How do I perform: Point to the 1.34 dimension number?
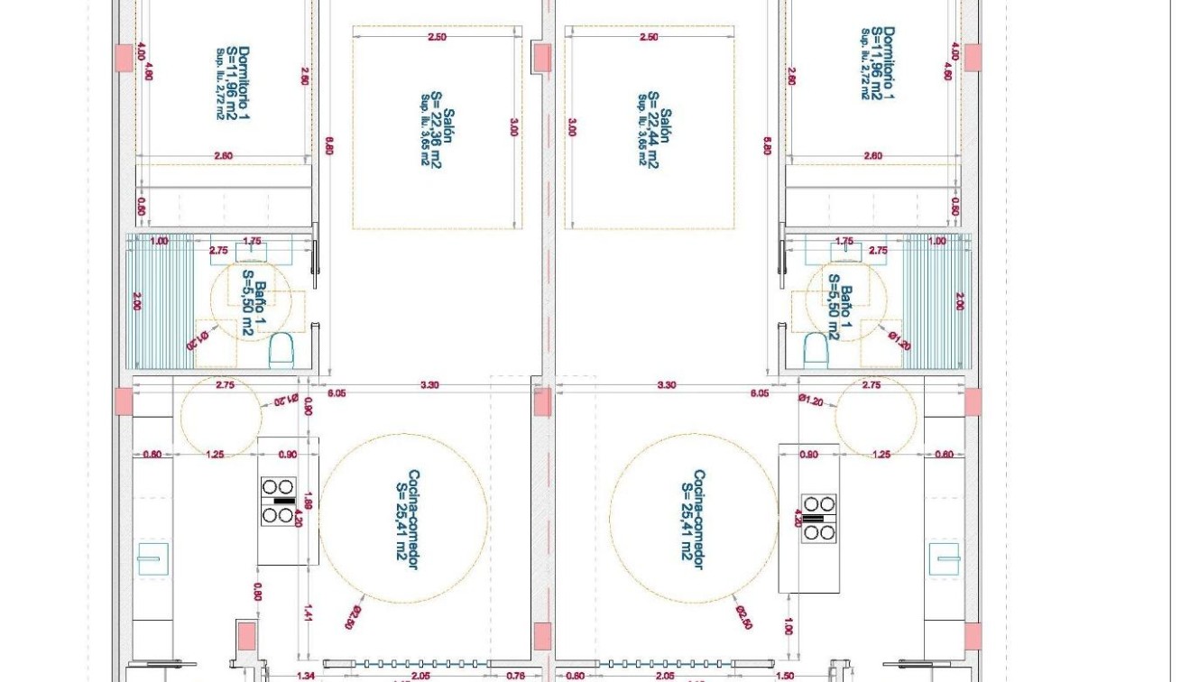(305, 676)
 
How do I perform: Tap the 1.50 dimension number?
(784, 676)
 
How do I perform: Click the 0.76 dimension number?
(516, 676)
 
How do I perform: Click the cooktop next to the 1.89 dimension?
(279, 502)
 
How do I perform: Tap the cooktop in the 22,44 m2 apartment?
(819, 519)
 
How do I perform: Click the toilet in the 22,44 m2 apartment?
(816, 347)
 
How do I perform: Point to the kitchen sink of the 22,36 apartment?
(152, 559)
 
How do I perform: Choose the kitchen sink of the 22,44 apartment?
(945, 559)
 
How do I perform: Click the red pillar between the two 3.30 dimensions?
(542, 402)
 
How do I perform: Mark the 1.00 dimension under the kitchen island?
(789, 626)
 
